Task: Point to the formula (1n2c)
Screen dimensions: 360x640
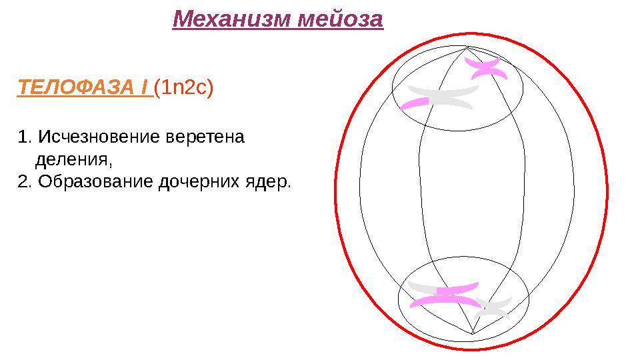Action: (183, 88)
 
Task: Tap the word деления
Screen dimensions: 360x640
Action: (71, 160)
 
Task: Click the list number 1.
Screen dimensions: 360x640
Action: (25, 138)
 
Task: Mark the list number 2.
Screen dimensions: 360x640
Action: (25, 181)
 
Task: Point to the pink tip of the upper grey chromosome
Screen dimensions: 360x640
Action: (415, 103)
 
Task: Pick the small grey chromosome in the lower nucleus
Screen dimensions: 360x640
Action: (494, 308)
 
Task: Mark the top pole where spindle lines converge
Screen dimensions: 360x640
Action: (467, 47)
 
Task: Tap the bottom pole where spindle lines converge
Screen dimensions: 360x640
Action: (472, 333)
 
